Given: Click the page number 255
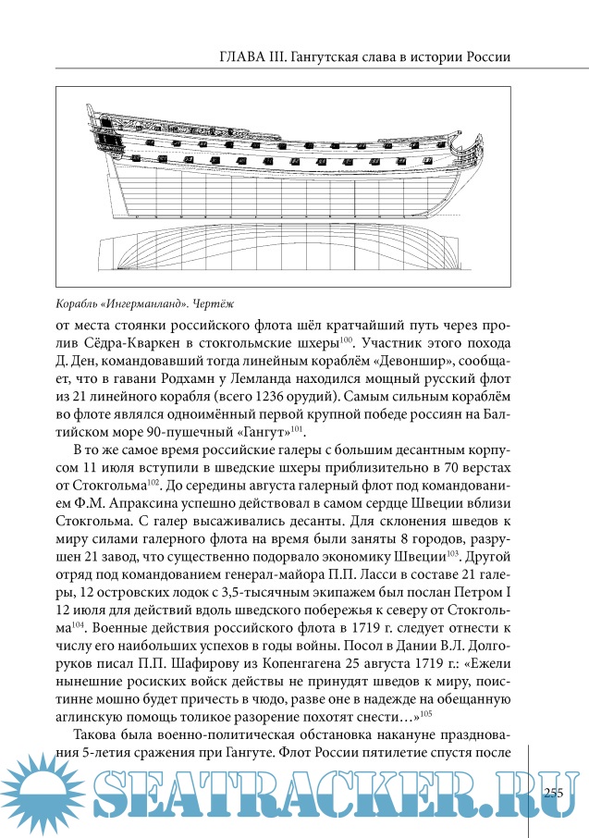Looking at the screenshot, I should tap(554, 792).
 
